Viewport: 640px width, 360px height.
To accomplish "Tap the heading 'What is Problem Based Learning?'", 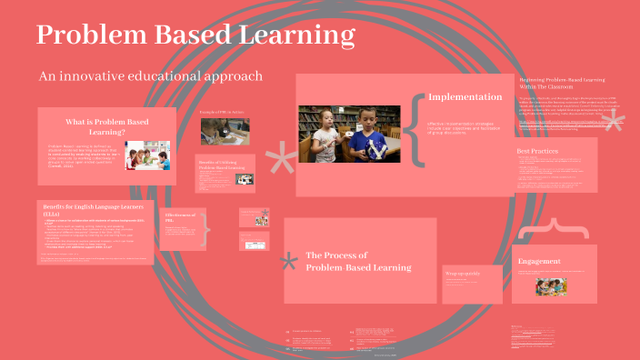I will (x=107, y=126).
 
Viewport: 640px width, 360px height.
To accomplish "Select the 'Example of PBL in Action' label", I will (x=223, y=112).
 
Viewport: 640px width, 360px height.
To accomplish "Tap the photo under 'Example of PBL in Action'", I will (x=224, y=131).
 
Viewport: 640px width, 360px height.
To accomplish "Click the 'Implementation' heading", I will (x=465, y=96).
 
